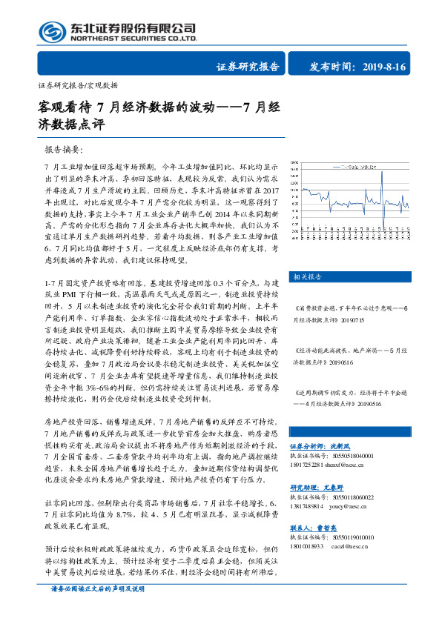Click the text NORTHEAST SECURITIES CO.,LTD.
tap(134, 39)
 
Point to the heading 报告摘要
tap(64, 149)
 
